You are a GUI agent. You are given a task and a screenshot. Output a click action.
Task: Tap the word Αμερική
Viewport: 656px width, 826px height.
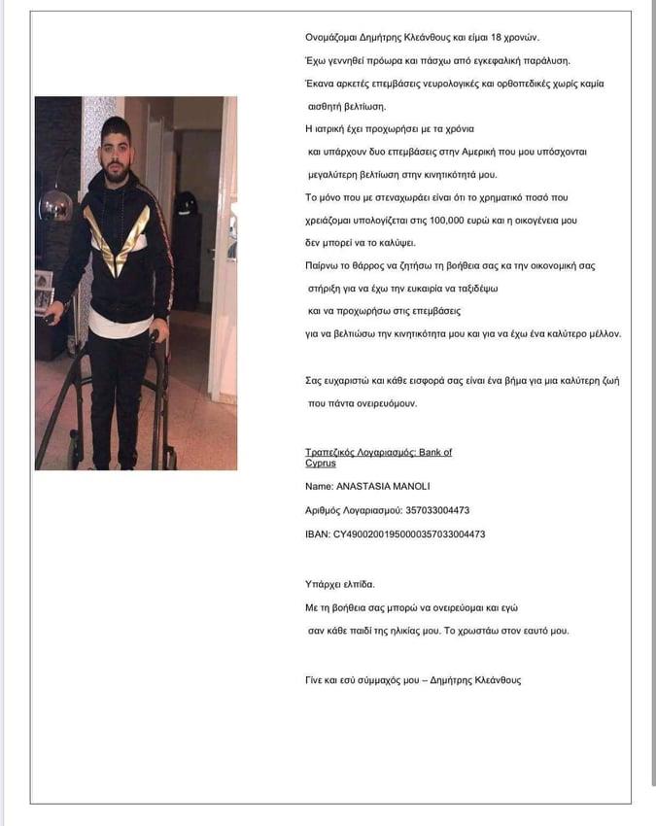point(471,152)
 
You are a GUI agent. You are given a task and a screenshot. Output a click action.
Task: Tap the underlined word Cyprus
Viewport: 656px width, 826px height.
point(321,464)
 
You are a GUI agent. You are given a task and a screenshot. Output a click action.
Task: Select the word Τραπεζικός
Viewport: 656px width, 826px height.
point(330,453)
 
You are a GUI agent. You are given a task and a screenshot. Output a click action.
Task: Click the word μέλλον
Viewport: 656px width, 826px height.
point(601,334)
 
